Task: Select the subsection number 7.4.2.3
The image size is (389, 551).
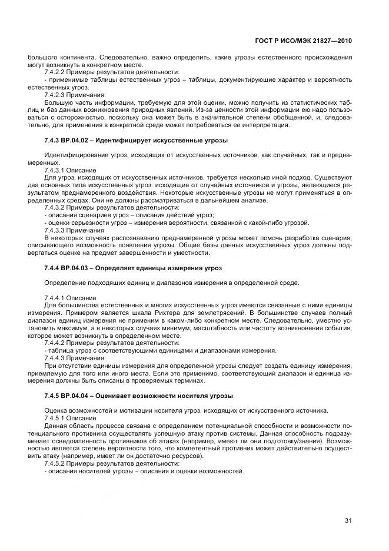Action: (56, 94)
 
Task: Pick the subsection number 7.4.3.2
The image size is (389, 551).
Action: (56, 208)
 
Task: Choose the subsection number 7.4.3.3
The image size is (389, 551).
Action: (56, 230)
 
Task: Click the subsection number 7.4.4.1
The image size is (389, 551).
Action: (56, 297)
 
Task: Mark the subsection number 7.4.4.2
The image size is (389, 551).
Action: (56, 343)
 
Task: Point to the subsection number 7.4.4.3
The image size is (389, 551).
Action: (56, 357)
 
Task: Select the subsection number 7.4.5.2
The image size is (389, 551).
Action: (56, 464)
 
